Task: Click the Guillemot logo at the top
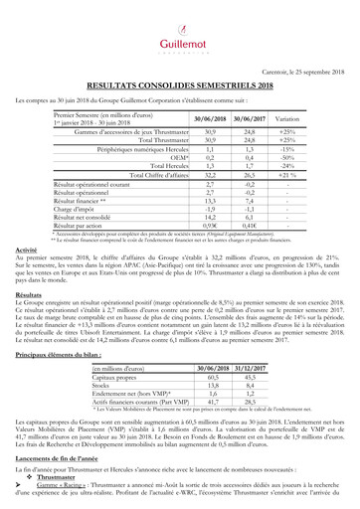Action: pos(180,29)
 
